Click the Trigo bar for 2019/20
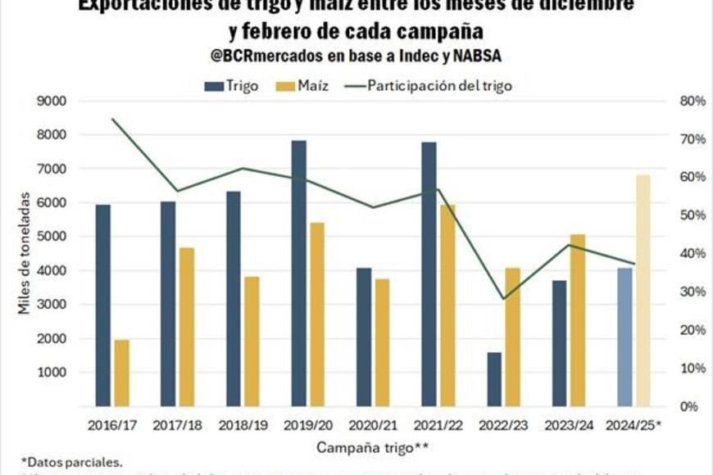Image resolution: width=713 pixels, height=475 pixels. click(x=298, y=274)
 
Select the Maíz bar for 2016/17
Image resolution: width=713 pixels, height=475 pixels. click(x=122, y=373)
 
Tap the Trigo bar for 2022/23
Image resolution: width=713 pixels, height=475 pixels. click(x=494, y=379)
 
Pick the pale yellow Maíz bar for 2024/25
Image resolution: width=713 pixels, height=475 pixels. click(x=643, y=291)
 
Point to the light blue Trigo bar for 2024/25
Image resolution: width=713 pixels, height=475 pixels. click(x=624, y=337)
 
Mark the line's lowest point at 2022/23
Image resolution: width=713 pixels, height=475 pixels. click(x=503, y=298)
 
